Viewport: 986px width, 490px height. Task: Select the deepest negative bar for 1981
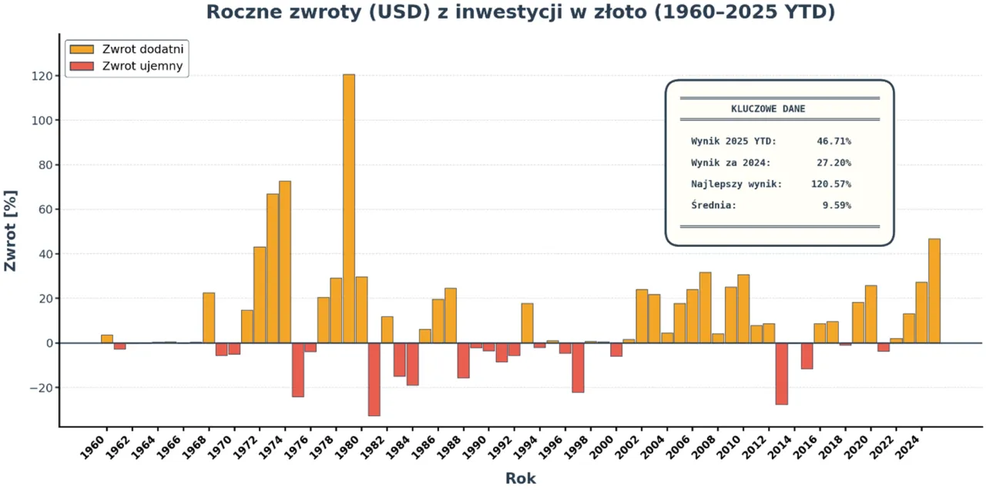pos(374,378)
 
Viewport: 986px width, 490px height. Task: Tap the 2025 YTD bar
pos(934,291)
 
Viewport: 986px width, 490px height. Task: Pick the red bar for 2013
pos(782,373)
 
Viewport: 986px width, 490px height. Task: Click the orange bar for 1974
pos(285,262)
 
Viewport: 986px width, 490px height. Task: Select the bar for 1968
pos(209,318)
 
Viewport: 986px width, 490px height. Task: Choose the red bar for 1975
pos(298,369)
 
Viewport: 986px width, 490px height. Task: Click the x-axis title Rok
pos(520,478)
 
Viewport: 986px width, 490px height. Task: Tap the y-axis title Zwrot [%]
pos(11,231)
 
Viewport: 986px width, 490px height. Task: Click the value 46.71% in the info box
pos(833,142)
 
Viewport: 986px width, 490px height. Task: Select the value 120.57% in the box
pos(830,184)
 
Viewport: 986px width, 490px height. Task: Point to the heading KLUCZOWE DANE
pos(768,109)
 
